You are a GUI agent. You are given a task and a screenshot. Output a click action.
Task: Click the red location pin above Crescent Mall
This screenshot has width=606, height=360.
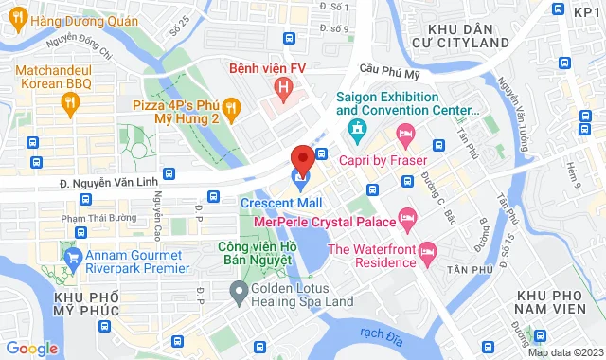[302, 158]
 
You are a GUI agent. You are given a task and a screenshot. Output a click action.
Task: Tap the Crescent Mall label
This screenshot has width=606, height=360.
[281, 203]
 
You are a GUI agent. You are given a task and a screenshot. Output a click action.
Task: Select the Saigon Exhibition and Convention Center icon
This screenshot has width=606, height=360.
[356, 128]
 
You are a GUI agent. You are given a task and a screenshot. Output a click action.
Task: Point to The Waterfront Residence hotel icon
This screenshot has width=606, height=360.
[427, 250]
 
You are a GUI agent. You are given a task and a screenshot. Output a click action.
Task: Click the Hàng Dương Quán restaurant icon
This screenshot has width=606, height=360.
[17, 20]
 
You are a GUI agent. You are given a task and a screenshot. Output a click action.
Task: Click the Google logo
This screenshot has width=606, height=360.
[31, 348]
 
